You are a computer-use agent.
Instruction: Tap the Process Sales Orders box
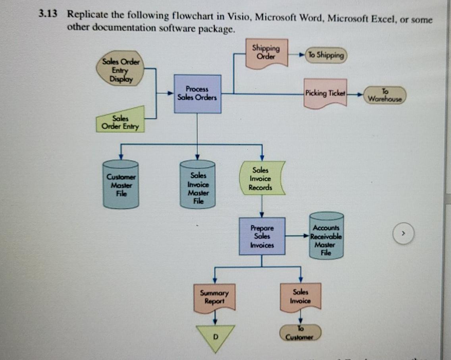(x=197, y=94)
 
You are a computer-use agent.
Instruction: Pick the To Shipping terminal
(x=326, y=55)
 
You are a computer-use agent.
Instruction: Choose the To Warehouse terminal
(x=384, y=94)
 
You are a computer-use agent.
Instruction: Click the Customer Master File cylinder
(x=120, y=184)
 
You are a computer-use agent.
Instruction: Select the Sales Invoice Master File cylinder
(x=198, y=185)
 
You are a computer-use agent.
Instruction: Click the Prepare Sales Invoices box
(x=262, y=236)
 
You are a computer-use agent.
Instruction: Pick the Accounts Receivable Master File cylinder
(x=326, y=235)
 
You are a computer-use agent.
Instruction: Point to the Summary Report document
(x=214, y=298)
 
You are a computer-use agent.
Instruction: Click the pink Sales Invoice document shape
(x=300, y=297)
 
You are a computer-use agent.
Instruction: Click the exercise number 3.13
(x=48, y=14)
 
